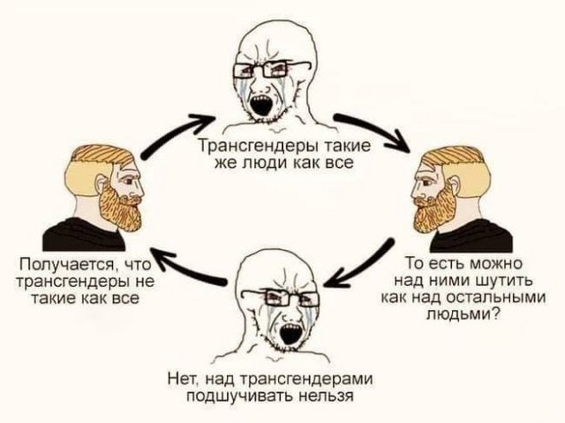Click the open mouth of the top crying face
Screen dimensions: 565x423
pyautogui.click(x=262, y=105)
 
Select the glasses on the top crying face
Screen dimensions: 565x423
pyautogui.click(x=271, y=69)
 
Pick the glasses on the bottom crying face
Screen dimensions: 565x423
pyautogui.click(x=279, y=298)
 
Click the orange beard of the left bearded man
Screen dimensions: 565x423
pyautogui.click(x=121, y=209)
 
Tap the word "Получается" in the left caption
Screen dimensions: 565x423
pyautogui.click(x=68, y=265)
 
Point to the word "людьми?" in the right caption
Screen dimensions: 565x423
pyautogui.click(x=463, y=314)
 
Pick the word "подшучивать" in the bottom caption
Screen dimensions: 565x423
pyautogui.click(x=241, y=396)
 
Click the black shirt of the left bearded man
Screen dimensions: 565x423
pyautogui.click(x=85, y=235)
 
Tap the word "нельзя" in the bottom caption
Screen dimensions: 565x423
pyautogui.click(x=328, y=396)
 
